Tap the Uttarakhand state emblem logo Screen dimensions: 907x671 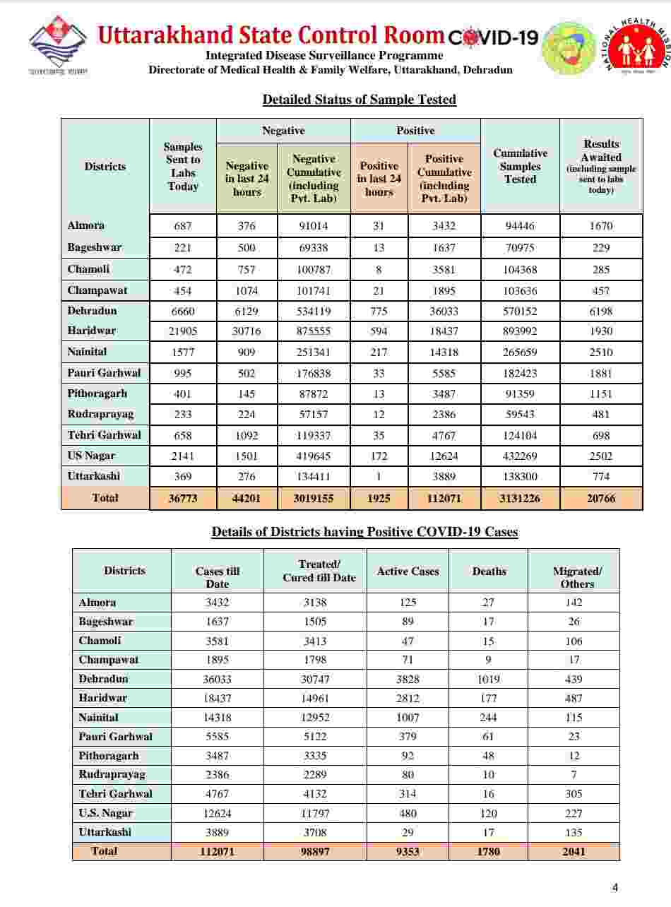pyautogui.click(x=58, y=47)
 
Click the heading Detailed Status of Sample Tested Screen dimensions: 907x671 pyautogui.click(x=359, y=100)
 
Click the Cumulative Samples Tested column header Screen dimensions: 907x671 pyautogui.click(x=520, y=167)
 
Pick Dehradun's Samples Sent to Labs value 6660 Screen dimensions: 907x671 pyautogui.click(x=183, y=311)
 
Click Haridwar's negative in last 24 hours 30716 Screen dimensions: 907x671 pyautogui.click(x=247, y=331)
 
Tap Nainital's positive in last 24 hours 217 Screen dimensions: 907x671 pyautogui.click(x=379, y=352)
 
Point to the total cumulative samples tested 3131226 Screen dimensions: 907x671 pyautogui.click(x=520, y=498)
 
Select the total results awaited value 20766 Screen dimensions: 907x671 pyautogui.click(x=601, y=498)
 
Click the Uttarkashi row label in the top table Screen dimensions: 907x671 pyautogui.click(x=95, y=476)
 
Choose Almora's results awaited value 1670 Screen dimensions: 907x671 pyautogui.click(x=601, y=226)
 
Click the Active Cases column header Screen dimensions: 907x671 pyautogui.click(x=408, y=571)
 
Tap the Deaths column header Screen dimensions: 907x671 pyautogui.click(x=489, y=571)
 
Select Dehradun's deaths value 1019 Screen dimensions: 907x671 pyautogui.click(x=489, y=679)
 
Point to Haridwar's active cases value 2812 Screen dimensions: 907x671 pyautogui.click(x=408, y=698)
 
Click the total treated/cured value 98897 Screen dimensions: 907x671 pyautogui.click(x=315, y=851)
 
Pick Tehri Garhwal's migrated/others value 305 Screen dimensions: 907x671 pyautogui.click(x=574, y=793)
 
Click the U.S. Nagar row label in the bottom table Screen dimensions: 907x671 pyautogui.click(x=106, y=813)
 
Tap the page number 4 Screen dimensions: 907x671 pyautogui.click(x=614, y=888)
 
